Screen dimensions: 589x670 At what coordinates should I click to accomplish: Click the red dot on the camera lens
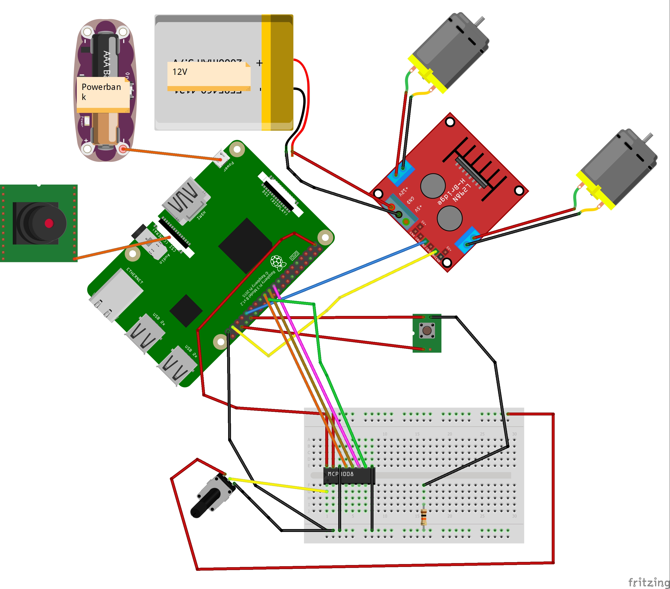click(x=49, y=223)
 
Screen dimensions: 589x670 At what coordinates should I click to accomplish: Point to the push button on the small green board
click(x=427, y=330)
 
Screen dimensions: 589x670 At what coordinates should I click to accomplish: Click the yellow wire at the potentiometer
click(x=279, y=485)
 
